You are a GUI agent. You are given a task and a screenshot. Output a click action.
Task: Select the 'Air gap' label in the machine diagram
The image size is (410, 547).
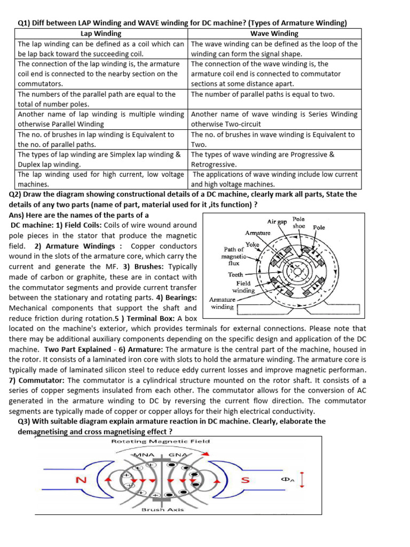click(x=277, y=221)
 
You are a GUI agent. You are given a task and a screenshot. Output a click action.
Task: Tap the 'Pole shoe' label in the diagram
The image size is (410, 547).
click(x=299, y=222)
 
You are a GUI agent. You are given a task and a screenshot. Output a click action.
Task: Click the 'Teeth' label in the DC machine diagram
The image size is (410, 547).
click(x=235, y=275)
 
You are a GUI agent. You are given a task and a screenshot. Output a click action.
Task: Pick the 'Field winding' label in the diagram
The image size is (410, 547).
click(x=243, y=287)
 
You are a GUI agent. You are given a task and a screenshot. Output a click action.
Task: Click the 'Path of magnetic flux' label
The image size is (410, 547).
click(x=234, y=256)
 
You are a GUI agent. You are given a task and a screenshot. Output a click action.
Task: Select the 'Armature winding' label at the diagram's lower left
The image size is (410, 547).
click(x=222, y=303)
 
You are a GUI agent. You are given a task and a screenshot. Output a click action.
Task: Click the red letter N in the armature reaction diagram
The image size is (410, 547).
click(x=81, y=480)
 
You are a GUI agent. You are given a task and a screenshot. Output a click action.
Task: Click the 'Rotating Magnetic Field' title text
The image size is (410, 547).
click(x=160, y=441)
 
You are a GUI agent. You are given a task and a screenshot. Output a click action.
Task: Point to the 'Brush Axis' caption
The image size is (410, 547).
click(x=162, y=510)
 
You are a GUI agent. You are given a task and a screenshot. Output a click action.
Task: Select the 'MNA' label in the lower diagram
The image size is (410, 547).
click(x=143, y=455)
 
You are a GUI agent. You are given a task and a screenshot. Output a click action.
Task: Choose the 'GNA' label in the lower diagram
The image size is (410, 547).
click(x=177, y=455)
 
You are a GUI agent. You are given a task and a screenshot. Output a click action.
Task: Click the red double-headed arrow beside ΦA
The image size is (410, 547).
click(x=303, y=479)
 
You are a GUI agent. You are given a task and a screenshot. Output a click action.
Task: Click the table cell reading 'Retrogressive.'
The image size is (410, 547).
click(x=215, y=165)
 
